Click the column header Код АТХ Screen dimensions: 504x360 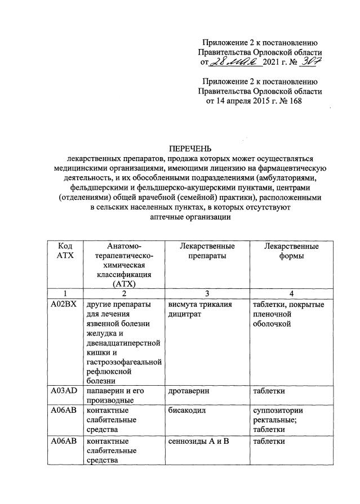(x=65, y=251)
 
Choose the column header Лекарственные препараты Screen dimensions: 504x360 (x=207, y=251)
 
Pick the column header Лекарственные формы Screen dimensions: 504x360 (x=291, y=251)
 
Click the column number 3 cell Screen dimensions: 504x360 (x=207, y=293)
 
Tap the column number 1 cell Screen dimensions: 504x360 (x=65, y=293)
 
